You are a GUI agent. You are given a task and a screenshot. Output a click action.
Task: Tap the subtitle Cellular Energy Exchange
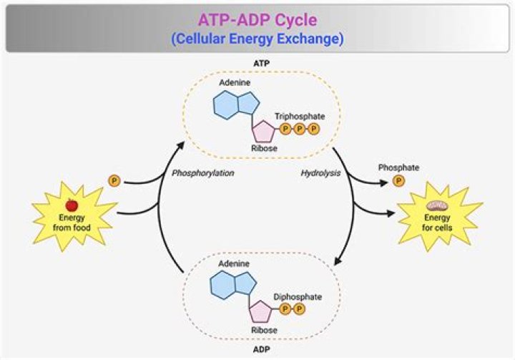click(x=257, y=38)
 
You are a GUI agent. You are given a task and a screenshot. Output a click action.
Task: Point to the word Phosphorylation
click(x=204, y=172)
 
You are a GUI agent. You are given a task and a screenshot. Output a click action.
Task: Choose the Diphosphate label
click(x=298, y=296)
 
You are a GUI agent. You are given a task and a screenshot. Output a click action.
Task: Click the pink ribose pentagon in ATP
click(x=263, y=130)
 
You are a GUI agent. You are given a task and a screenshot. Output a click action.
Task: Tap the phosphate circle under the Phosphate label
click(x=398, y=180)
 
